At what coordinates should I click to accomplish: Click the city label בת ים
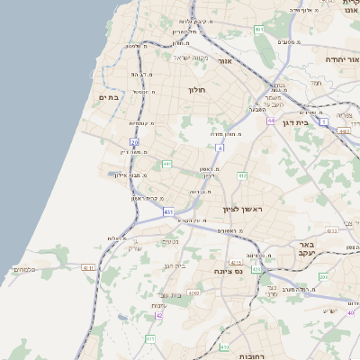[109, 96]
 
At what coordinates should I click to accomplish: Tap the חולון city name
[197, 90]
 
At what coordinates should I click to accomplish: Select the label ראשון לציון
[243, 210]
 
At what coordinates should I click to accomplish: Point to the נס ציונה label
[227, 270]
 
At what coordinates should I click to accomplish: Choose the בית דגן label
[295, 122]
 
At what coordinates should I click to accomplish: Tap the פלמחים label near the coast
[24, 269]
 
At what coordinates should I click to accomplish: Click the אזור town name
[225, 61]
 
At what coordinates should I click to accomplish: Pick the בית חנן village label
[174, 265]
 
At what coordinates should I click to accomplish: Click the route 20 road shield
[134, 142]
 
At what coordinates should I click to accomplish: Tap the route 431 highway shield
[168, 211]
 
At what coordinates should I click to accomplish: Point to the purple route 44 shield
[270, 120]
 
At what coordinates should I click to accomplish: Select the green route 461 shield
[258, 30]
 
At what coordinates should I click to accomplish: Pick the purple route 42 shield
[159, 316]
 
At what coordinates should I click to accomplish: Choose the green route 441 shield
[166, 164]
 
